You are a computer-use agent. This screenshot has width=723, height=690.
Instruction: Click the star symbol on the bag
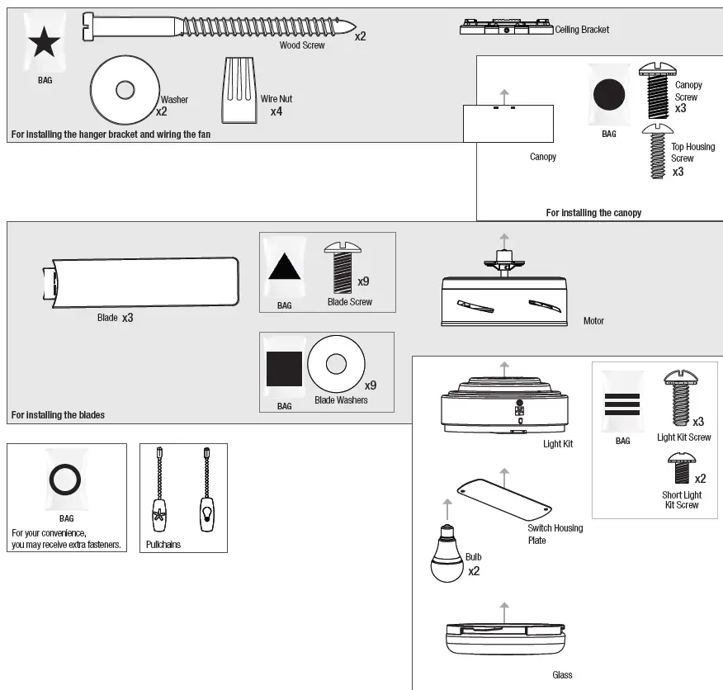(45, 43)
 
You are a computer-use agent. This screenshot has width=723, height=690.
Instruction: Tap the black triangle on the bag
(284, 268)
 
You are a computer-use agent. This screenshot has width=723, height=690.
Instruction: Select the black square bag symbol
(284, 369)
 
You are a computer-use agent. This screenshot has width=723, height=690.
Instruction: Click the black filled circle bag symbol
(609, 95)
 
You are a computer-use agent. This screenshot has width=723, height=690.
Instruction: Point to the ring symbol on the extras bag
(66, 480)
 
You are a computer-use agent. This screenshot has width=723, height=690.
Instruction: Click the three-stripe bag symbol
(622, 404)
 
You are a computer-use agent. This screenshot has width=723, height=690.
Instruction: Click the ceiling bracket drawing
(505, 28)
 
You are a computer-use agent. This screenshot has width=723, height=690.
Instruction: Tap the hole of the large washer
(125, 88)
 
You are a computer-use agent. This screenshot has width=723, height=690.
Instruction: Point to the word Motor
(593, 321)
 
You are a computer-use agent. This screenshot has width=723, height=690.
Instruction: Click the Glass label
(562, 675)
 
